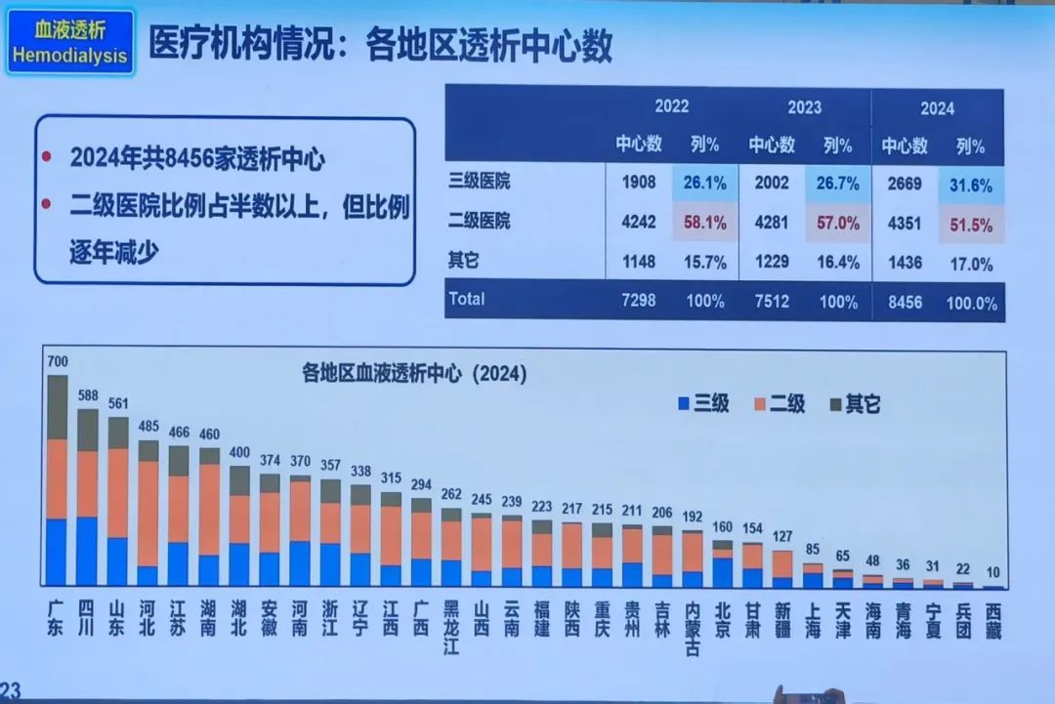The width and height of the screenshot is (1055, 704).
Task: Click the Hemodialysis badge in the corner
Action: pyautogui.click(x=69, y=44)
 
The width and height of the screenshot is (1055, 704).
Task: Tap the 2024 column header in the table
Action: pyautogui.click(x=936, y=108)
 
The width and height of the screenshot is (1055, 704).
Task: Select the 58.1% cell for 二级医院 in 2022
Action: pyautogui.click(x=704, y=223)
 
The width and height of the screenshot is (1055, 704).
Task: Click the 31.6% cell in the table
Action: pyautogui.click(x=971, y=185)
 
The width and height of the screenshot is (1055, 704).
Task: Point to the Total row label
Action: pyautogui.click(x=466, y=300)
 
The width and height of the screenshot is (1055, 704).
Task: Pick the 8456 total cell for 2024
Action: pyautogui.click(x=904, y=302)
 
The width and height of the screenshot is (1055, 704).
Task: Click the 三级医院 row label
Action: pyautogui.click(x=479, y=181)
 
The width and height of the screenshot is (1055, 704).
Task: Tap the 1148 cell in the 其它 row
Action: pyautogui.click(x=637, y=263)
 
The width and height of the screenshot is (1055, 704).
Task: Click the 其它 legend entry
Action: pyautogui.click(x=855, y=402)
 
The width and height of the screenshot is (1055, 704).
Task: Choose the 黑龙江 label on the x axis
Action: pyautogui.click(x=451, y=626)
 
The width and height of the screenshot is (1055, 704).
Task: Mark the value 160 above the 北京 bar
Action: pyautogui.click(x=722, y=528)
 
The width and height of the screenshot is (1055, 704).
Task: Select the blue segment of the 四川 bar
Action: pyautogui.click(x=88, y=551)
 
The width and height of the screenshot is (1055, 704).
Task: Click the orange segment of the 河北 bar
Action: pyautogui.click(x=148, y=513)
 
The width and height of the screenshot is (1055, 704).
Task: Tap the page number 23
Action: pyautogui.click(x=12, y=691)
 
